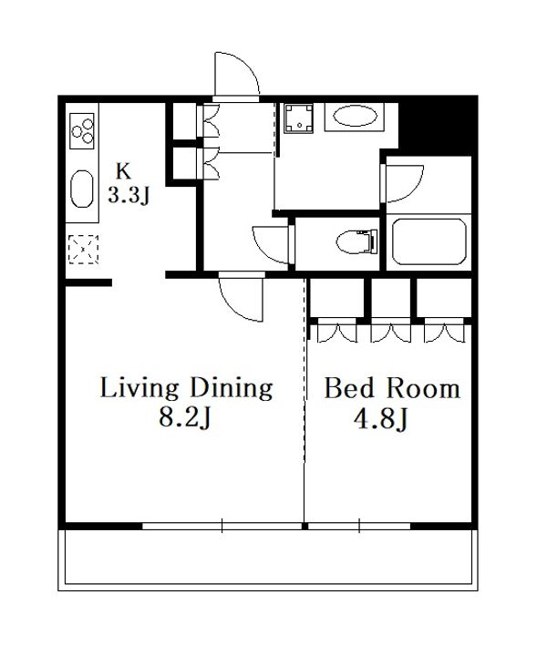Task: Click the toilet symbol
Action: [357, 241]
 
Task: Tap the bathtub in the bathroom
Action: [429, 241]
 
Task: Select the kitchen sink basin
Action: [82, 189]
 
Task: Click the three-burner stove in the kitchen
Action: [82, 130]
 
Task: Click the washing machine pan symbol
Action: [298, 118]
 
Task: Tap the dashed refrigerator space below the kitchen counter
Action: [83, 250]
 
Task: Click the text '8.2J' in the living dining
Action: [184, 416]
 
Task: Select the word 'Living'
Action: [139, 389]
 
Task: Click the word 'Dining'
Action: [232, 389]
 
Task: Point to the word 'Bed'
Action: [349, 389]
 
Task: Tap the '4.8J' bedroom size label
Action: [381, 418]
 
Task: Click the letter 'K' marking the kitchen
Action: [123, 170]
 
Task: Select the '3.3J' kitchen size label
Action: [129, 195]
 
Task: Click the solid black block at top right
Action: [438, 125]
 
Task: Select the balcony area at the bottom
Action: [268, 560]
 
